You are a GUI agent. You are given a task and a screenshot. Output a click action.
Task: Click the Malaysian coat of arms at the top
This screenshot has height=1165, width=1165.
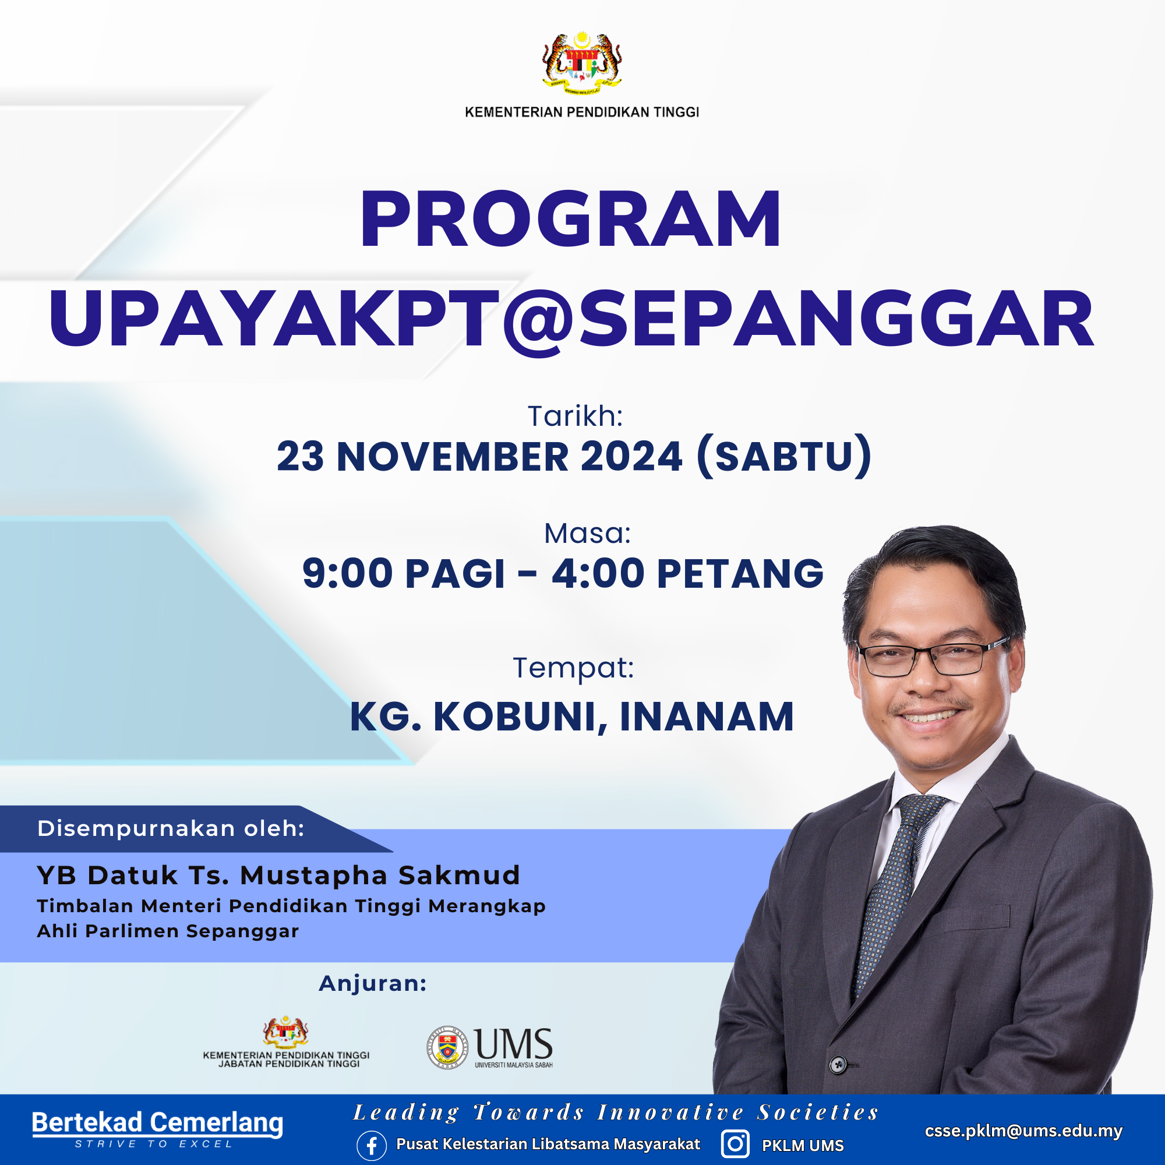(582, 63)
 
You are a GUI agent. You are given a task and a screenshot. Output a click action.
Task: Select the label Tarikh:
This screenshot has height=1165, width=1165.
(576, 416)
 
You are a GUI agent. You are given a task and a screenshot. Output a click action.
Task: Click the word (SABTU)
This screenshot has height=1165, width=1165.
(784, 457)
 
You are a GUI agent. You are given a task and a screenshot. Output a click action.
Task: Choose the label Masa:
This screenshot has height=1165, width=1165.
(587, 533)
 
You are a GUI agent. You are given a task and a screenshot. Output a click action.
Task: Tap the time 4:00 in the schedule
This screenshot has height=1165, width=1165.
(598, 573)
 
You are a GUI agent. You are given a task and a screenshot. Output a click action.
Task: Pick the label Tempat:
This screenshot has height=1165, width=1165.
(573, 668)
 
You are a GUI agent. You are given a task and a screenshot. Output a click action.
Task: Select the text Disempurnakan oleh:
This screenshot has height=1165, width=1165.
(171, 828)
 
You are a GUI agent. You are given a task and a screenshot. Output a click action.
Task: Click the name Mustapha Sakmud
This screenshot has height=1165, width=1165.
(380, 875)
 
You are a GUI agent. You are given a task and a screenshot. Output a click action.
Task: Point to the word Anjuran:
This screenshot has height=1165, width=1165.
(373, 983)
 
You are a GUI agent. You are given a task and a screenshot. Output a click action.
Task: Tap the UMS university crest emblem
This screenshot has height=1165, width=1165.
(447, 1047)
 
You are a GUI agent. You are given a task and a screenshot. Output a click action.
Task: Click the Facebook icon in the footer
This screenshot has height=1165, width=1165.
(372, 1146)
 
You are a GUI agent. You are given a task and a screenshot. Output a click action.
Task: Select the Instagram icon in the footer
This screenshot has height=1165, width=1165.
(735, 1145)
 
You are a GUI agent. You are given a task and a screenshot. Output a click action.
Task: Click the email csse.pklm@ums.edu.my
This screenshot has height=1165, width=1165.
(1023, 1131)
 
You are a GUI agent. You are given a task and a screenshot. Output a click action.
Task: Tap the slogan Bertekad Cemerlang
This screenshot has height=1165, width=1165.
(157, 1123)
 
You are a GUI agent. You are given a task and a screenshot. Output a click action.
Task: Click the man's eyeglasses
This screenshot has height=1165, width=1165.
(933, 656)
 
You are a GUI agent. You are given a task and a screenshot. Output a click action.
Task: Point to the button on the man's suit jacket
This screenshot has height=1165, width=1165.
(838, 1065)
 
